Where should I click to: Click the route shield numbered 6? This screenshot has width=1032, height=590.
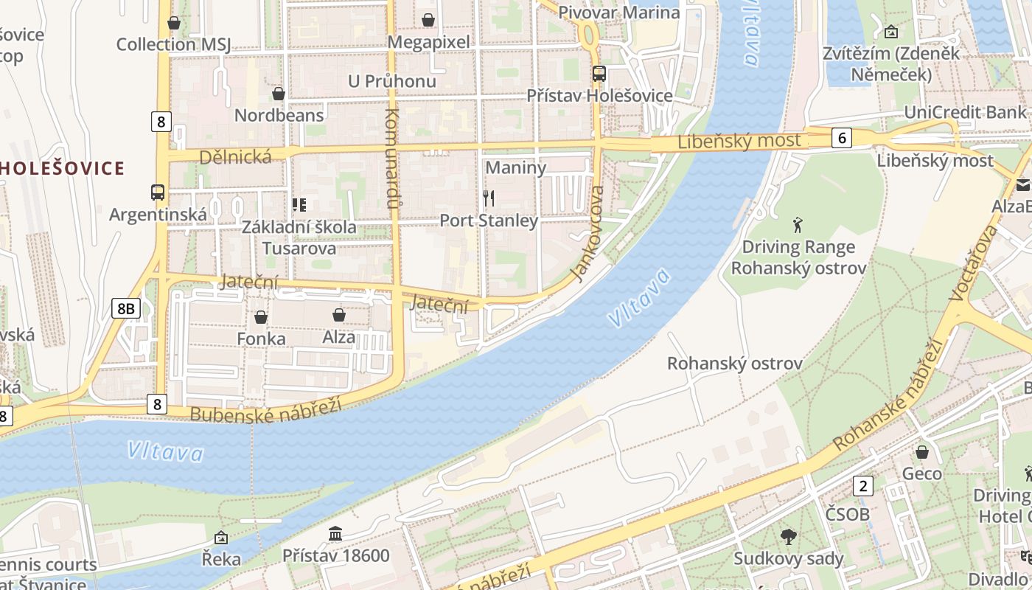[842, 137]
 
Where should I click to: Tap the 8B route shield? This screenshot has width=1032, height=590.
[126, 308]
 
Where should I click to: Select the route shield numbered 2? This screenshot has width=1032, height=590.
[862, 485]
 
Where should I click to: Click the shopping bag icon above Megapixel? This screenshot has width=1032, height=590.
[428, 20]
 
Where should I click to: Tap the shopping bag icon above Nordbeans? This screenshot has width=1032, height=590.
[279, 94]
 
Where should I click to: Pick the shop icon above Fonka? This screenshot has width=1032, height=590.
[261, 317]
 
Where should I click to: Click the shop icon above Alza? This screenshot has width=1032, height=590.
[339, 316]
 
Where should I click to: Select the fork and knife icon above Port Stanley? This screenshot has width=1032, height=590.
[488, 198]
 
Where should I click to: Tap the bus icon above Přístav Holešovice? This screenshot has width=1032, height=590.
[599, 74]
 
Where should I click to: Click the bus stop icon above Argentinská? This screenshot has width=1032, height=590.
[158, 192]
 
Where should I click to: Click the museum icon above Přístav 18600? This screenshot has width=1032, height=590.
[335, 533]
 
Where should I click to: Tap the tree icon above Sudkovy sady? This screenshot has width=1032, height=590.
[788, 536]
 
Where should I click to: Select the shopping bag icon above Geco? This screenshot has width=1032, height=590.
[921, 451]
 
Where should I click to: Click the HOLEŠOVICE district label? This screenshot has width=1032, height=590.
[62, 168]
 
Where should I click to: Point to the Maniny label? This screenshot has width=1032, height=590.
[516, 167]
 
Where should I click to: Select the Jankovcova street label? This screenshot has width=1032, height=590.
[588, 234]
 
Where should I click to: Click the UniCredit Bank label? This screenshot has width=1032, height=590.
[965, 112]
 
